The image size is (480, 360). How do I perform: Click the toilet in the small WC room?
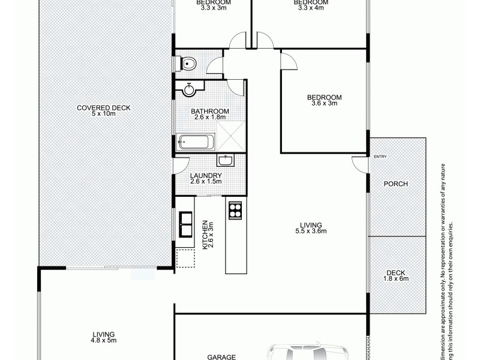tap(188, 62)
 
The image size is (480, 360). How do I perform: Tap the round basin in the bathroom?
tap(189, 90)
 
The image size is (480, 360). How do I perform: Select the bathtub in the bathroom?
tap(194, 143)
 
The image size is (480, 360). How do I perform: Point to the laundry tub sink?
tap(226, 160)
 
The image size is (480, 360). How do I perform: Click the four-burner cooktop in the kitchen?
tap(235, 211)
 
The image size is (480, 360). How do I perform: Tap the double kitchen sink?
tap(184, 225)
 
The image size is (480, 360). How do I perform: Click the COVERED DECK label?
tap(103, 108)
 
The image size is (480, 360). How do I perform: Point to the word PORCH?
tap(396, 184)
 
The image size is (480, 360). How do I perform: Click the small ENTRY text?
tap(380, 157)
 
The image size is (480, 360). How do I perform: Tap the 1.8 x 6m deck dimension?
tap(396, 279)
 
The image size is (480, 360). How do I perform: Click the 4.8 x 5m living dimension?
tap(104, 340)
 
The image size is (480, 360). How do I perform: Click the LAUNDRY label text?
tap(206, 175)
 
